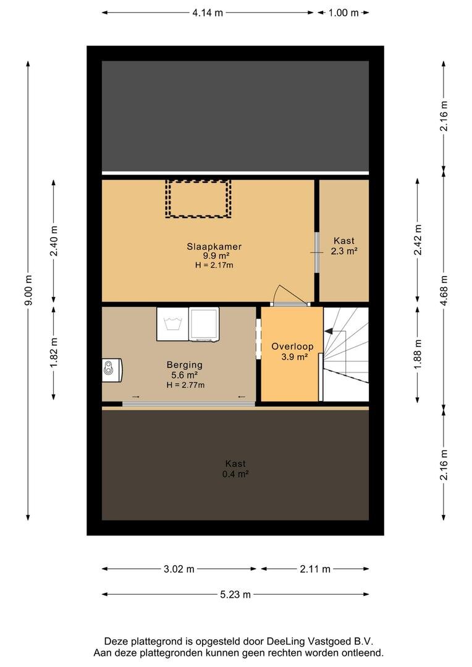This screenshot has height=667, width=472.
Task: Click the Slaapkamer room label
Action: tap(214, 246)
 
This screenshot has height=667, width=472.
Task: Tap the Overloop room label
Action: tap(292, 346)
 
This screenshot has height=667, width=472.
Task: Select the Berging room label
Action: tap(184, 364)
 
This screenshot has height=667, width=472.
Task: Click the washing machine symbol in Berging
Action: tap(173, 324)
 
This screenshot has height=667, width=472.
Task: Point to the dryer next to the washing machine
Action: tap(204, 324)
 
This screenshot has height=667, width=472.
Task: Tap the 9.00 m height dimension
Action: tap(28, 290)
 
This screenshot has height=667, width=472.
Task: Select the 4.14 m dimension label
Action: tap(207, 13)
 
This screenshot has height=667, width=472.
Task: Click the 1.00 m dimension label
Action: tap(343, 13)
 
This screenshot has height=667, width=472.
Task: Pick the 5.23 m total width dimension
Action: tap(235, 594)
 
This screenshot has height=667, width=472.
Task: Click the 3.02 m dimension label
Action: tap(179, 569)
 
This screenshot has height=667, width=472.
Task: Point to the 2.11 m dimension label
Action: tap(315, 569)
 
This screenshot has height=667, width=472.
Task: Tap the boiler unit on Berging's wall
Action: tap(112, 370)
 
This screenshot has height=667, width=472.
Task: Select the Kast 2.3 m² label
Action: tap(344, 246)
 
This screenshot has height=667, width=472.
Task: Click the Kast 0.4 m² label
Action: tap(235, 469)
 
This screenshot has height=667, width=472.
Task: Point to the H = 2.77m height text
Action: tap(185, 385)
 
